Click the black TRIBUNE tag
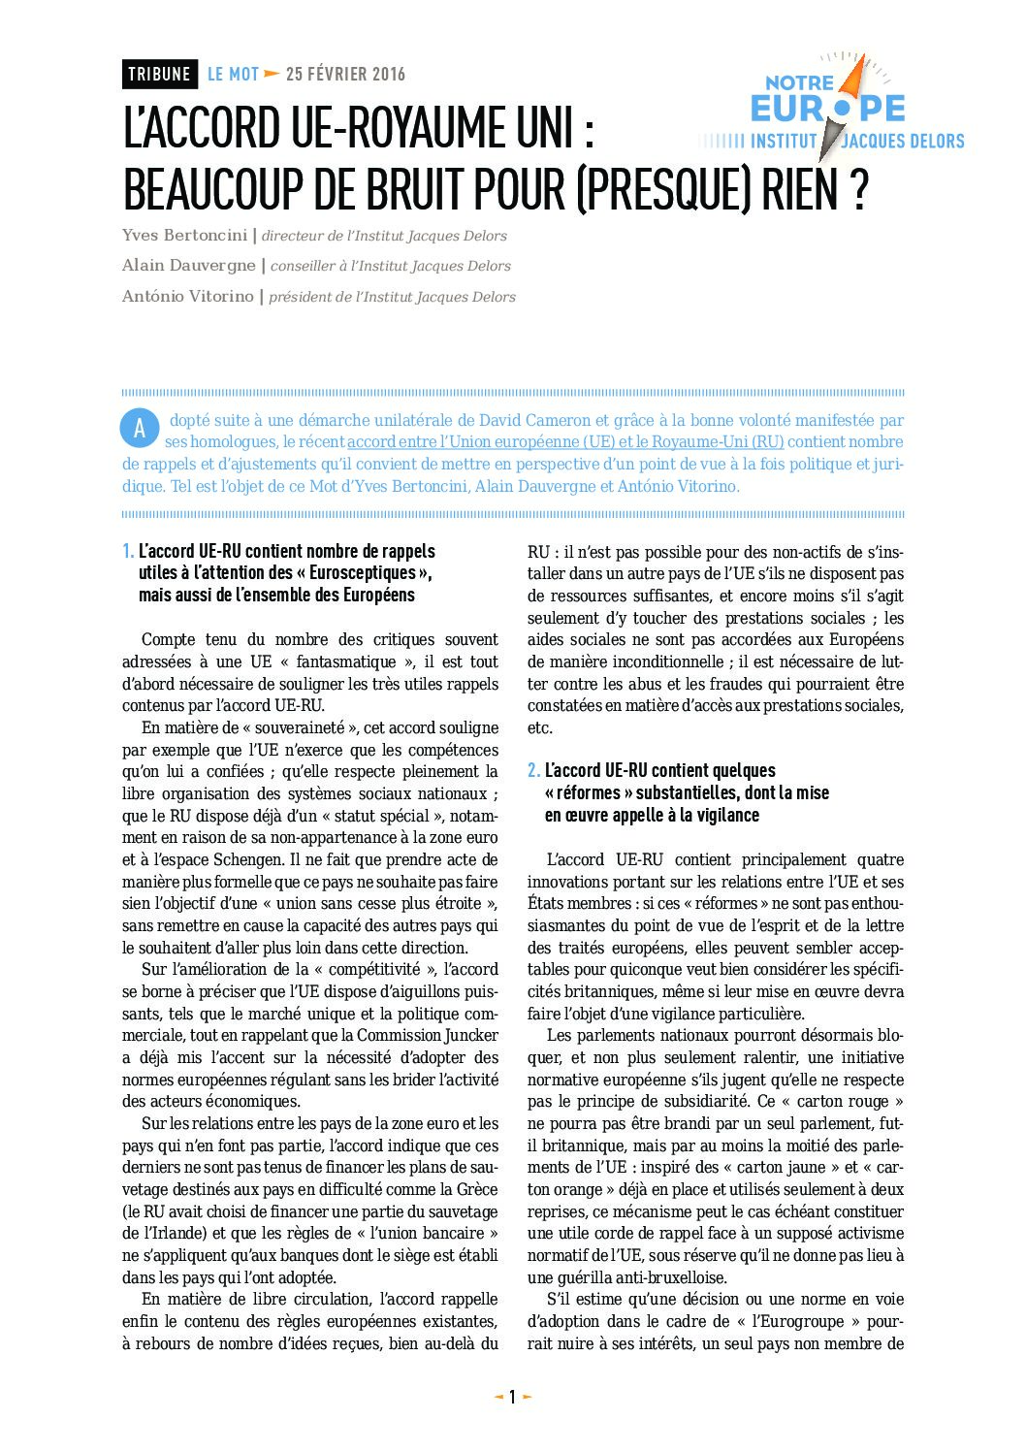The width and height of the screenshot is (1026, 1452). [x=160, y=74]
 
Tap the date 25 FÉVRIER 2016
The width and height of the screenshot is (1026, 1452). [x=345, y=74]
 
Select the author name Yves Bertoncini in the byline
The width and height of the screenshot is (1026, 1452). [x=184, y=236]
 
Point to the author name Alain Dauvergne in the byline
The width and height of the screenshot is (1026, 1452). [x=189, y=266]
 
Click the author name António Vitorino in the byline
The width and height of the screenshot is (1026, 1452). [x=188, y=297]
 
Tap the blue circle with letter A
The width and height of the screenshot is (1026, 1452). [x=140, y=429]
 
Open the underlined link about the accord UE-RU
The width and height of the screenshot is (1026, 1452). [x=565, y=442]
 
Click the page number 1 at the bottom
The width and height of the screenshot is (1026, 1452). [x=512, y=1398]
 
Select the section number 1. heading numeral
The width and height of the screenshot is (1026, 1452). [x=128, y=552]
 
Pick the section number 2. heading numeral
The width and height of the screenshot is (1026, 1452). [x=533, y=771]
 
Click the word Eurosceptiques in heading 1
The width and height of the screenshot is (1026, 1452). [x=362, y=573]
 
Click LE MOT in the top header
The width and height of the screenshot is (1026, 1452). [x=233, y=74]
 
